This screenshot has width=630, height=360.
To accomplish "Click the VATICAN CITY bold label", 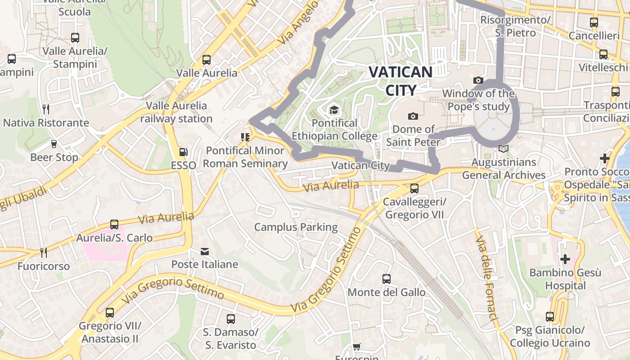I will [x=400, y=81].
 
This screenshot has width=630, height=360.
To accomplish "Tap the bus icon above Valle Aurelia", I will [x=207, y=59].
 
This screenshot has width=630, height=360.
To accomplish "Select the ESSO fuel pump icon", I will [x=183, y=153].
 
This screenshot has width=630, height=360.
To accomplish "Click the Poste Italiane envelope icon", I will [x=205, y=251].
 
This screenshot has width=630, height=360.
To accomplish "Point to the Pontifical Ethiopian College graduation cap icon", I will [x=333, y=110].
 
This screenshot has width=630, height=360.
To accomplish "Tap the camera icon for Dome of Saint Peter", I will [x=413, y=117].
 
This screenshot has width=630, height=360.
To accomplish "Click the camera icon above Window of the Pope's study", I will [x=478, y=81].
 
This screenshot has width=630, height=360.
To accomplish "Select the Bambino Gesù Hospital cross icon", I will [x=565, y=259].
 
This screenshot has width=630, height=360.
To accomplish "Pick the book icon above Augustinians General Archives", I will [x=504, y=149].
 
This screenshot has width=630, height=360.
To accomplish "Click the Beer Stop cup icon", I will [x=54, y=144].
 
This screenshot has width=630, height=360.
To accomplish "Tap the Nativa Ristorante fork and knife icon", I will [x=46, y=109].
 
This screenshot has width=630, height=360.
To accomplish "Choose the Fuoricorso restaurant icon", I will [x=43, y=252].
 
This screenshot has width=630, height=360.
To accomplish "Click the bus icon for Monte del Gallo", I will [x=387, y=279].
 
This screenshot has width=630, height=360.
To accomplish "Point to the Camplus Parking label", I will [x=296, y=227].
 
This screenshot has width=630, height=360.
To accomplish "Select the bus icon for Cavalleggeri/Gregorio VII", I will [x=414, y=188].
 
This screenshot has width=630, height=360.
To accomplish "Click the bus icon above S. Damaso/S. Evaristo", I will [x=231, y=319].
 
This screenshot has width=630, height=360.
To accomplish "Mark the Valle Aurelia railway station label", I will [x=176, y=112].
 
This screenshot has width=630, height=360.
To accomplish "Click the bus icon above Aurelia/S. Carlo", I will [x=114, y=224].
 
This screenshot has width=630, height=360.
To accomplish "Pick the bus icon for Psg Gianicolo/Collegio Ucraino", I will [x=549, y=317].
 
